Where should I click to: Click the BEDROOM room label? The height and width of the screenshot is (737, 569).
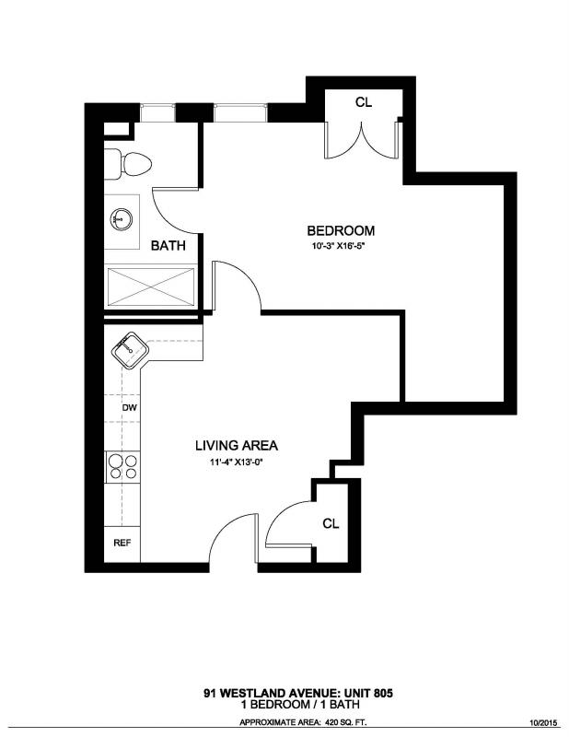click(341, 231)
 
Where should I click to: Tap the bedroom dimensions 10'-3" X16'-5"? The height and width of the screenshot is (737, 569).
click(338, 246)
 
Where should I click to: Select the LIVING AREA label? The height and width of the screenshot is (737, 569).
click(237, 445)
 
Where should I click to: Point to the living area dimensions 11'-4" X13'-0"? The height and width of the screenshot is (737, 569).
click(236, 462)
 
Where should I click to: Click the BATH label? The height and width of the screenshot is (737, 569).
click(168, 245)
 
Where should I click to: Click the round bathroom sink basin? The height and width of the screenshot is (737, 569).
click(122, 219)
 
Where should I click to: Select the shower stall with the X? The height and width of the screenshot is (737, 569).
click(151, 287)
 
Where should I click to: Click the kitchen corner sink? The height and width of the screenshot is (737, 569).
click(130, 351)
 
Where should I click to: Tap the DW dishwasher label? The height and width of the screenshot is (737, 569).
click(129, 407)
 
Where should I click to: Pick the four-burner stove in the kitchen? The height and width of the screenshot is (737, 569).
click(122, 467)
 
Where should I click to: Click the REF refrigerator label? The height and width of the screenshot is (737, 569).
click(122, 543)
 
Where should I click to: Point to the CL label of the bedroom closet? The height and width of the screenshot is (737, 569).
click(363, 102)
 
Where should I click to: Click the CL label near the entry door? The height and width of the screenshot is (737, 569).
click(331, 523)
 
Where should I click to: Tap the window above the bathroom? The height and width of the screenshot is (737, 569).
click(157, 112)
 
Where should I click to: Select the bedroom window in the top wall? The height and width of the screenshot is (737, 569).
click(240, 112)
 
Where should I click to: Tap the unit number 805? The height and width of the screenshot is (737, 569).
click(383, 693)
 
